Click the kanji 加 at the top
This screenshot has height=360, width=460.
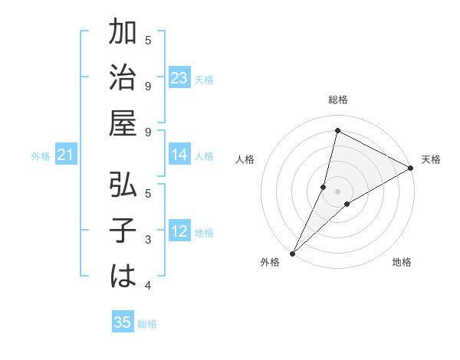point(123,34)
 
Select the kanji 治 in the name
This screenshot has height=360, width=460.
point(123,79)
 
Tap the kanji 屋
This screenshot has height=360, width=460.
point(123,126)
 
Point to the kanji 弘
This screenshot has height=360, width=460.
point(123,185)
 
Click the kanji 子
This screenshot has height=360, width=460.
point(123,231)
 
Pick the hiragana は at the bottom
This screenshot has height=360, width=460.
point(123,277)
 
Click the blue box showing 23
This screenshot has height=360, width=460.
point(179,78)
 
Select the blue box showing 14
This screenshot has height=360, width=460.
point(179,155)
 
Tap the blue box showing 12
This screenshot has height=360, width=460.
point(179,231)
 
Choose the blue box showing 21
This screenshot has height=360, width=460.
point(65,155)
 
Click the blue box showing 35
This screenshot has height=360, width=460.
point(123,322)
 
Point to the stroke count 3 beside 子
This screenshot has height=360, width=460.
point(147,241)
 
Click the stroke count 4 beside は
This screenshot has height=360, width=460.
point(147,286)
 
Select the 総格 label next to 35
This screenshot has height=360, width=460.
point(147,324)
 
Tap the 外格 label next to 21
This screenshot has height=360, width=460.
point(41,156)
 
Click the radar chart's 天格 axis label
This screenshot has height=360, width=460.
point(431,159)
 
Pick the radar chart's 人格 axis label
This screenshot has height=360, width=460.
point(245,159)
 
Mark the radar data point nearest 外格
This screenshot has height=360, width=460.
point(292,253)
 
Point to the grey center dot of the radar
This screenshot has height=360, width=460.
point(337,191)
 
